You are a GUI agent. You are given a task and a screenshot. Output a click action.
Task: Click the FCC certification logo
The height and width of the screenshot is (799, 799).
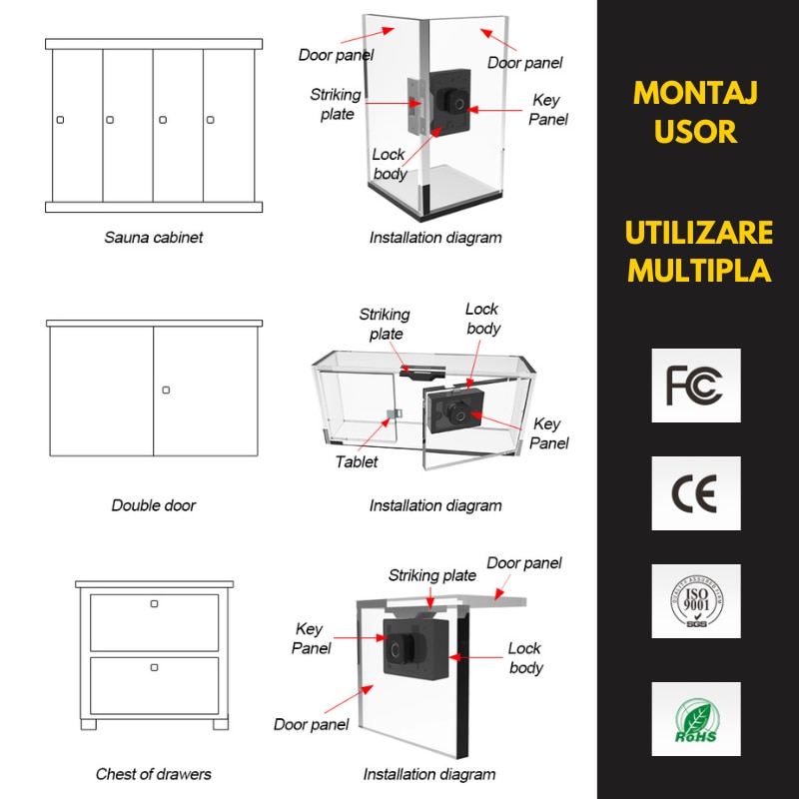pos(695,385)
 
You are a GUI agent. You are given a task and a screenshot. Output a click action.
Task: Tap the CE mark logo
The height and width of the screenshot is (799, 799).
pos(695,493)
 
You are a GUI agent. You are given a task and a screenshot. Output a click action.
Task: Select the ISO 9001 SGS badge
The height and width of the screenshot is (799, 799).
pos(695,601)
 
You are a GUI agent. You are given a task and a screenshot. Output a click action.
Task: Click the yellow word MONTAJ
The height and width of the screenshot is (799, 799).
pos(696,94)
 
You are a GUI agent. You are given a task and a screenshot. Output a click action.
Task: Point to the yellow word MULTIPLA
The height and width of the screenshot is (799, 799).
pos(698,271)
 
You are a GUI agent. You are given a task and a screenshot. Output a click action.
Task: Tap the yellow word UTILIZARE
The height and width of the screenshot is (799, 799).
pos(698,233)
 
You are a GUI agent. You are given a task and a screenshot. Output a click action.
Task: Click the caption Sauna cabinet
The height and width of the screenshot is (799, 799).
pos(154,238)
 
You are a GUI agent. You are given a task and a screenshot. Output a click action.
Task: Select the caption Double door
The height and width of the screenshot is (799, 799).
pos(154,505)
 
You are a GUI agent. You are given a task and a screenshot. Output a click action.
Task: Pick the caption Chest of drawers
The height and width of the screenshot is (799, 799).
pos(154,774)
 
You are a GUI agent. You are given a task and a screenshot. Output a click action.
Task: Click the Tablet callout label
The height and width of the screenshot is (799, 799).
pos(357,461)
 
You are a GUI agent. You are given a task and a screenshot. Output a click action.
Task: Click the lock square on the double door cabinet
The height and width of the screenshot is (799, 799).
pos(166,390)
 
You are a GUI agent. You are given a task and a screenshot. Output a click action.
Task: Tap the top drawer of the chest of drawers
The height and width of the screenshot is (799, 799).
pos(154,621)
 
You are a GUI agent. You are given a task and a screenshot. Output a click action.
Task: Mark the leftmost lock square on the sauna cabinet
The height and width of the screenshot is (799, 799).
pos(60,120)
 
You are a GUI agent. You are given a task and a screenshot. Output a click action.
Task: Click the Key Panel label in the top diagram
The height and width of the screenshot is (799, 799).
pos(548,110)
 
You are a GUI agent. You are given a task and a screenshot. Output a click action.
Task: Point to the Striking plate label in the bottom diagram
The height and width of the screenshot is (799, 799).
pos(431,575)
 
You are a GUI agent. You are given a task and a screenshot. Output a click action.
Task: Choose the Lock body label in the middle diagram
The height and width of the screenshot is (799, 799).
pos(482,319)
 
